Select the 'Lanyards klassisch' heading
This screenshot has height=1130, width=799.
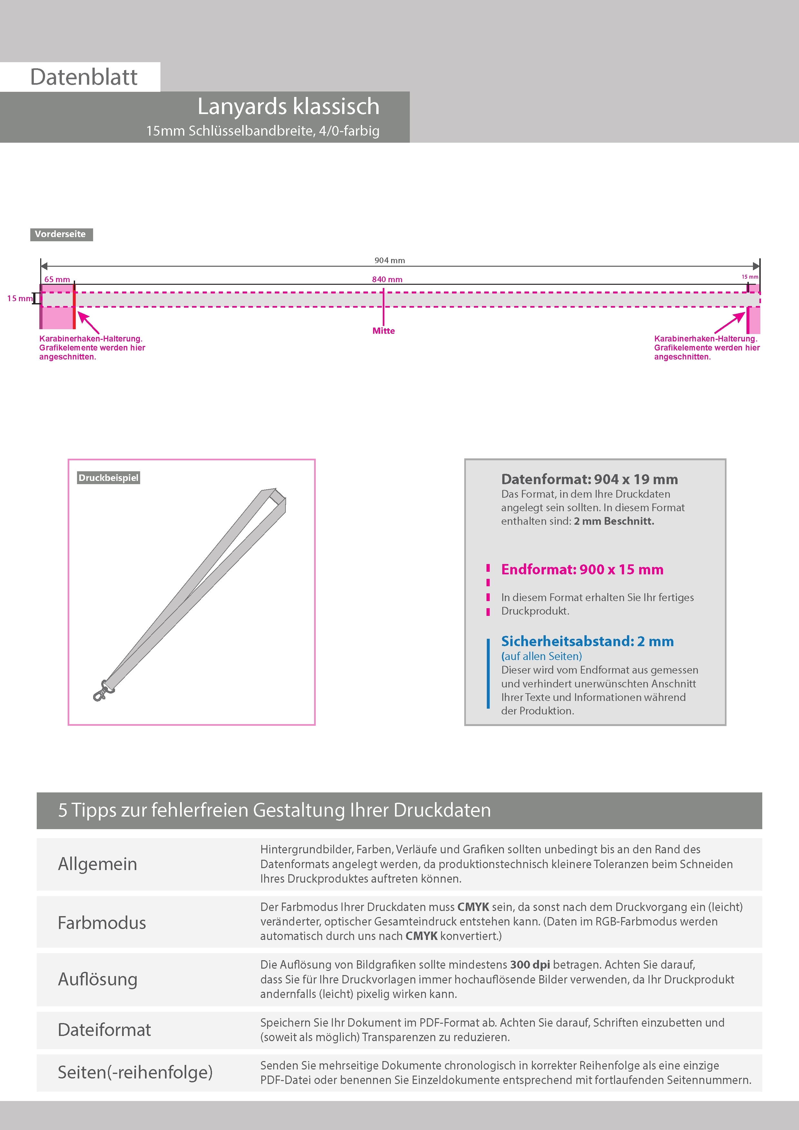point(288,106)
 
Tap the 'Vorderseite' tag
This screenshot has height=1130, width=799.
point(61,234)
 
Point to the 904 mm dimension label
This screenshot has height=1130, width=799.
point(390,260)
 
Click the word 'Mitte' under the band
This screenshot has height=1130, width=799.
point(383,331)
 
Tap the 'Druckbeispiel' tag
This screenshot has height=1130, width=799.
point(108,478)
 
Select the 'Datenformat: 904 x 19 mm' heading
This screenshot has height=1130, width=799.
point(589,479)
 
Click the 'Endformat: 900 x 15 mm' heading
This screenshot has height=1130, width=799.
point(582,570)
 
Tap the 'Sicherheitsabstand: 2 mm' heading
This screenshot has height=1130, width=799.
point(587,641)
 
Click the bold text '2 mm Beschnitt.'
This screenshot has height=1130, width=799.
point(614,521)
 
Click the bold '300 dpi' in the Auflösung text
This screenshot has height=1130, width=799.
point(530,965)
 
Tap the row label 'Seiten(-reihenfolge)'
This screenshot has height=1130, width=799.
point(135,1072)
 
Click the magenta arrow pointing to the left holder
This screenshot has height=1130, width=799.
point(88,323)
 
